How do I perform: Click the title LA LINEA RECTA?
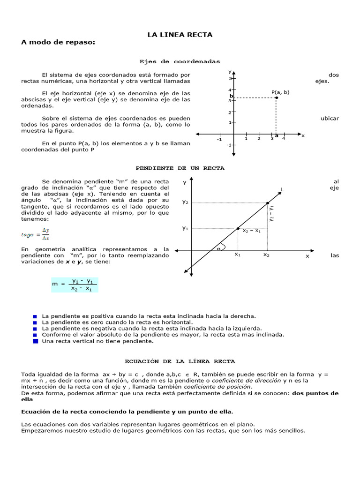(x=180, y=35)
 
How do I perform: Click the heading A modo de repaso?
(x=58, y=43)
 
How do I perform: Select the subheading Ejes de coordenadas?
(x=180, y=61)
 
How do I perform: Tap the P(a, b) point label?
(x=280, y=92)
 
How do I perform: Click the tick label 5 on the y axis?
(x=230, y=78)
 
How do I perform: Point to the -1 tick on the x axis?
(x=219, y=139)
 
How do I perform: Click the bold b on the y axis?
(x=231, y=96)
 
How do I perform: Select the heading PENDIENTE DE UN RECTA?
(x=180, y=168)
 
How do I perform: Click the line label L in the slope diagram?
(x=282, y=190)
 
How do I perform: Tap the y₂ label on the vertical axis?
(x=185, y=202)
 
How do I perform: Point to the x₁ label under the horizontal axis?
(x=238, y=255)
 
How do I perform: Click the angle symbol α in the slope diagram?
(x=218, y=249)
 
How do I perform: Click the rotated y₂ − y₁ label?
(x=271, y=213)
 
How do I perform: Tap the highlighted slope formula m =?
(x=75, y=285)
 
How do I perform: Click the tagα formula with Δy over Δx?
(x=36, y=234)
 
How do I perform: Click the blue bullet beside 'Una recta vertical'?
(x=36, y=341)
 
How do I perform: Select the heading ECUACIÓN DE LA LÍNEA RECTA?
(x=180, y=361)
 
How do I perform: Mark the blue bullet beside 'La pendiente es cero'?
(x=35, y=322)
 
